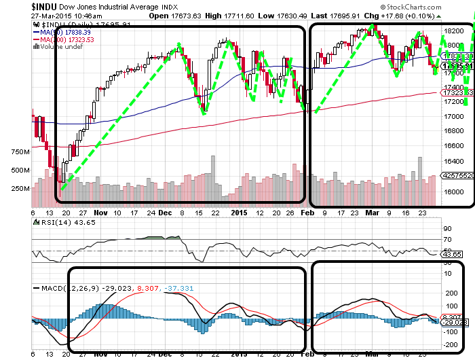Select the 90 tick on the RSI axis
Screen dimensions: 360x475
[x=447, y=228]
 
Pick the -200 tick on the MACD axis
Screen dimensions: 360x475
[x=451, y=345]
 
